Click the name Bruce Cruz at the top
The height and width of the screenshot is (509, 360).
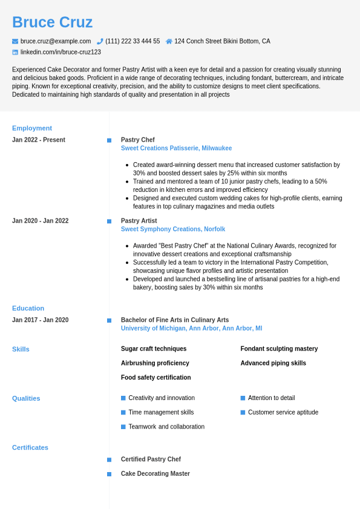coord(52,22)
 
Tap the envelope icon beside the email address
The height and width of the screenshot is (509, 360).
coord(15,41)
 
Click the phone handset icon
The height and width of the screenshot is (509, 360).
coord(100,41)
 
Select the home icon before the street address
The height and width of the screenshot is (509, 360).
coord(169,41)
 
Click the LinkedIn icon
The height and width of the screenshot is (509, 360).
coord(15,53)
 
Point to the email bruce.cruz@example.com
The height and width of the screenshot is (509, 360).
coord(56,41)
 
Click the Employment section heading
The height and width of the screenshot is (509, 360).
coord(32,128)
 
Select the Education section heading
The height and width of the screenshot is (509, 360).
coord(28,308)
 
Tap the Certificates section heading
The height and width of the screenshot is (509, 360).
coord(30,448)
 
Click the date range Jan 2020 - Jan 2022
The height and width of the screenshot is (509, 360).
coord(40,221)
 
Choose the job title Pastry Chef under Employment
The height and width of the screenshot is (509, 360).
coord(137,140)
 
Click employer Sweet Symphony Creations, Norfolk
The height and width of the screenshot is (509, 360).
coord(172,229)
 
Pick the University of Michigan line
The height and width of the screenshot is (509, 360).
coord(191,329)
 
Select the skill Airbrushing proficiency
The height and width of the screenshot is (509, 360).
coord(155,363)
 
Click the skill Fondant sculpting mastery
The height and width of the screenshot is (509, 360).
coord(279,349)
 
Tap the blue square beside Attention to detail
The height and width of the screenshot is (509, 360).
coord(243,398)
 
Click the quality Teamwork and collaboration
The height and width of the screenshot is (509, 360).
coord(166,427)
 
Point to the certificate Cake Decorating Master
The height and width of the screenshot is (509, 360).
coord(155,474)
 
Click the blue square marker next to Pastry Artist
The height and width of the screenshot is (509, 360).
coord(110,222)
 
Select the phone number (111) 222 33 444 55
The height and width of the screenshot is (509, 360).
coord(133,41)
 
